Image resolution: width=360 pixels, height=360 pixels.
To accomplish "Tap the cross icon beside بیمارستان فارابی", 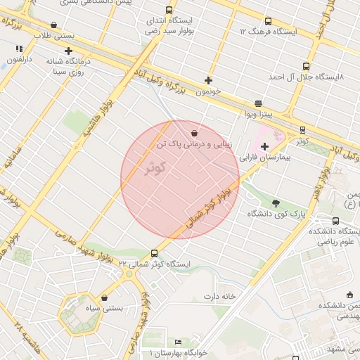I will (x=264, y=147).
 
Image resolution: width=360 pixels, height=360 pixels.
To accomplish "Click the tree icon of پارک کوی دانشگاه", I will (x=275, y=202).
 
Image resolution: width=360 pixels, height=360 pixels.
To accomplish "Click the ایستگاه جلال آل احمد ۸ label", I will (x=310, y=75).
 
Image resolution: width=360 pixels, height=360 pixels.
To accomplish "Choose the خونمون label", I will (x=208, y=91).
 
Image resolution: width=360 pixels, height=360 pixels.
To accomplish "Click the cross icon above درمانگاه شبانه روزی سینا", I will (x=68, y=51).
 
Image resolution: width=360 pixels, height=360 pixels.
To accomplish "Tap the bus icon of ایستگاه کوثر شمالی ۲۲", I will (x=155, y=253).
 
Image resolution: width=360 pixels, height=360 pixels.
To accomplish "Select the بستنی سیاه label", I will (x=103, y=308).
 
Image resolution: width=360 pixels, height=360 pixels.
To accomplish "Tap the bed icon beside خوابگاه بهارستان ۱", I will (x=179, y=342).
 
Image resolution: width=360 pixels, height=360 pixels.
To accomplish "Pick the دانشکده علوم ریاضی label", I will (x=331, y=236).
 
